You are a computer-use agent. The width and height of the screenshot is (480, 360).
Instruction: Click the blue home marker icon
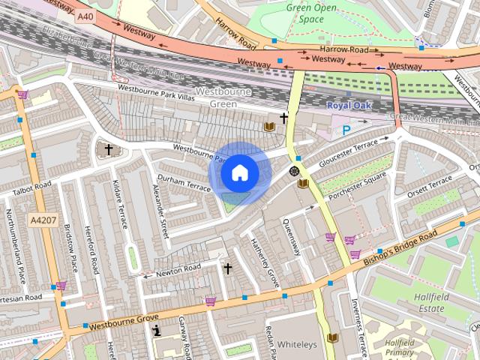pos(239,172)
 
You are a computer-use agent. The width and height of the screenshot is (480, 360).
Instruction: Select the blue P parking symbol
pos(346,130)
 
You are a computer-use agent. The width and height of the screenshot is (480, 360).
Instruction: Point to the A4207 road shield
pos(43,220)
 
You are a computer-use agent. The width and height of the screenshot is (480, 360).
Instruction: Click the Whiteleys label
pos(297,344)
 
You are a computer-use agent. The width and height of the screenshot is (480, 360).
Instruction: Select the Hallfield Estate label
pos(431,304)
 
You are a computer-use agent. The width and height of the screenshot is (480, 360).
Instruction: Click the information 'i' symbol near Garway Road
pos(157,329)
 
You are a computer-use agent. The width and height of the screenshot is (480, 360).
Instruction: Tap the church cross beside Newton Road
pos(227,267)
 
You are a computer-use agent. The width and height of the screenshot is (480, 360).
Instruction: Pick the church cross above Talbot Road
pos(108,150)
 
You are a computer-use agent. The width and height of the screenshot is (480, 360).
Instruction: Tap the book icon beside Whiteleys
pos(332,338)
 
